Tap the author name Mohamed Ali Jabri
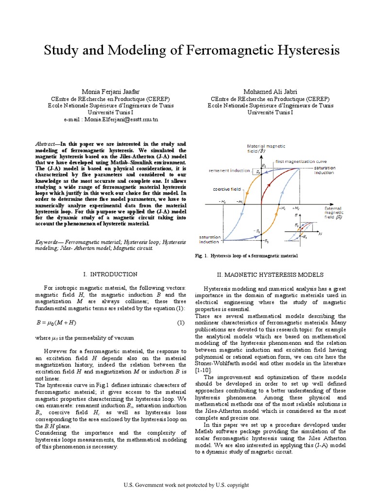(270, 92)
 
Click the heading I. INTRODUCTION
(111, 274)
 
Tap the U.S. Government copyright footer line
(186, 485)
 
